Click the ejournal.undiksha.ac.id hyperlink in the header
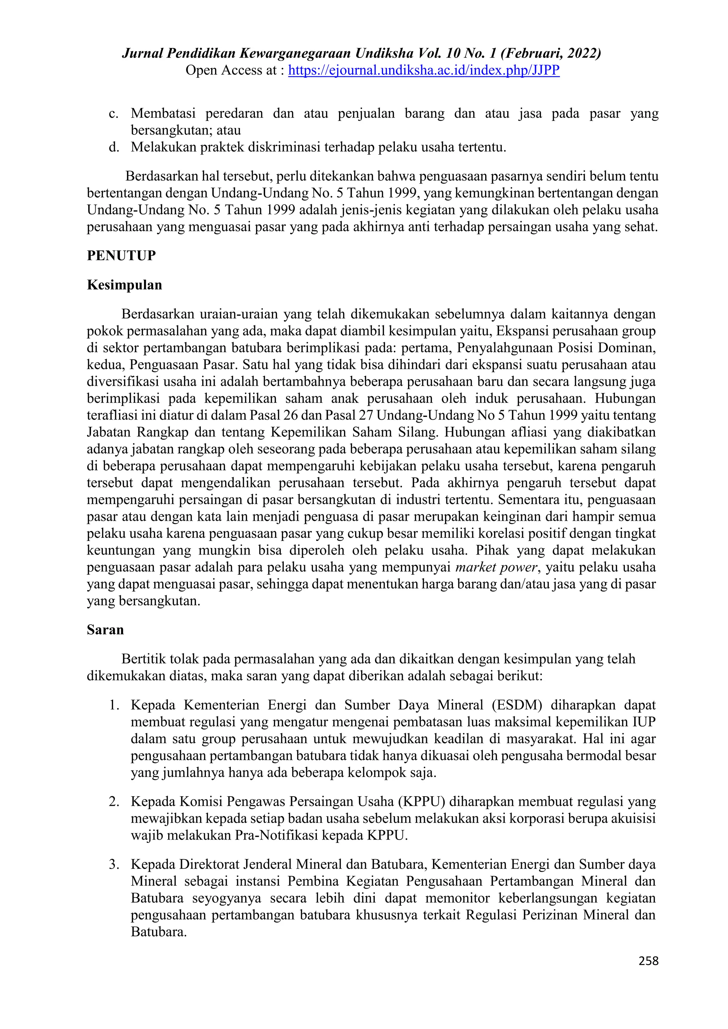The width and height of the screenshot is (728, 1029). [424, 70]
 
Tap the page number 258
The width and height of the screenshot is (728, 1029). [648, 960]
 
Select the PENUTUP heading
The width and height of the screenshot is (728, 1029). [121, 256]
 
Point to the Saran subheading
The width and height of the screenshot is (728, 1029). [105, 630]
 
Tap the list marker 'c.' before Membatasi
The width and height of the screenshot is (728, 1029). [113, 114]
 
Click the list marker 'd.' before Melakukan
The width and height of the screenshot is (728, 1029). [113, 148]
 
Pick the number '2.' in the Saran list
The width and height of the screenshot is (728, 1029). [114, 801]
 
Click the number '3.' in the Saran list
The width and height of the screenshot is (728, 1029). [114, 864]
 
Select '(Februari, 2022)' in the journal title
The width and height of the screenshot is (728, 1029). [551, 54]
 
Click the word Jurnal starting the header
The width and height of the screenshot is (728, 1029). [143, 54]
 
